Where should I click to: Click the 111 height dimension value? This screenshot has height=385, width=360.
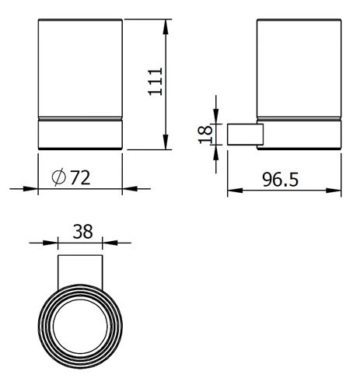pyautogui.click(x=156, y=82)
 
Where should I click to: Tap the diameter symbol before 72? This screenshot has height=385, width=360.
pyautogui.click(x=59, y=177)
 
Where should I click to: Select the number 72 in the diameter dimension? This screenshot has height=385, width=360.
pyautogui.click(x=80, y=177)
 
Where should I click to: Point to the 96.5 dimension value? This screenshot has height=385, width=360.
pyautogui.click(x=280, y=180)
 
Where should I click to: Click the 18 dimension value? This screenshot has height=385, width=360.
pyautogui.click(x=205, y=135)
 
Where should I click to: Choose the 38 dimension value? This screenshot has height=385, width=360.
pyautogui.click(x=82, y=232)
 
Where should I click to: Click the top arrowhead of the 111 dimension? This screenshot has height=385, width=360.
pyautogui.click(x=166, y=27)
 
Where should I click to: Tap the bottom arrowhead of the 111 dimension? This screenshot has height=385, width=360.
pyautogui.click(x=166, y=142)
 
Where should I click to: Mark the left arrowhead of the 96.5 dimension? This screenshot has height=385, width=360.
pyautogui.click(x=235, y=191)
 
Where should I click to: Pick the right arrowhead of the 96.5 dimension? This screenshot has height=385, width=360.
pyautogui.click(x=334, y=191)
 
